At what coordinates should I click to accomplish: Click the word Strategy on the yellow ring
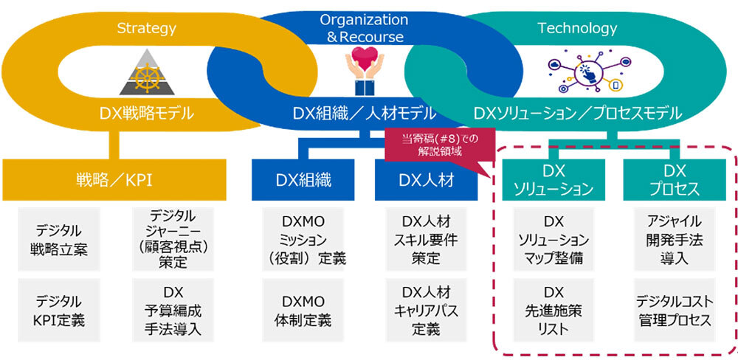point(146,29)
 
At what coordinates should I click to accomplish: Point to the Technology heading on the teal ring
point(577,29)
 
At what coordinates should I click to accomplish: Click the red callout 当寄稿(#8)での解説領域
point(431,142)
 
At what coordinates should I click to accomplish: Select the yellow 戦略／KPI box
point(111,180)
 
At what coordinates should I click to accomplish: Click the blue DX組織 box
point(303,180)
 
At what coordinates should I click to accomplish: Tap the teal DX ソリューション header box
point(553,180)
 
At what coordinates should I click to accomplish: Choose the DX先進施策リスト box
point(553,310)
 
